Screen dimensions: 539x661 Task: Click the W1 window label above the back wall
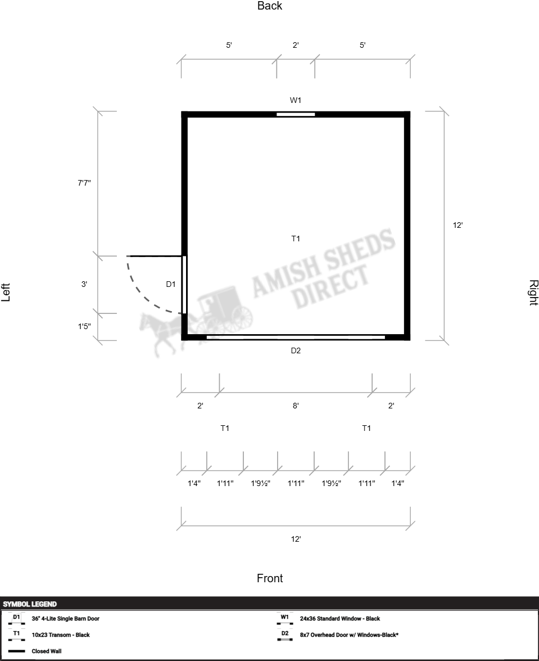click(296, 100)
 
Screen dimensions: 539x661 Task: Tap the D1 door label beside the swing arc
click(170, 285)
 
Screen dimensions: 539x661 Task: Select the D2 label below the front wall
click(296, 350)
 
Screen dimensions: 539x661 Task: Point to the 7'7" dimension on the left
click(84, 183)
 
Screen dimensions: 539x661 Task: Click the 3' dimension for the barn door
click(84, 285)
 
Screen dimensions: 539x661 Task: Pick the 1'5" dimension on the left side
click(84, 326)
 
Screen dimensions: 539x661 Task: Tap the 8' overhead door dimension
click(296, 406)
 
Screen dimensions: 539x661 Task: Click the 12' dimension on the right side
click(458, 226)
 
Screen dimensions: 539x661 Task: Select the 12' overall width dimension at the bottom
click(296, 539)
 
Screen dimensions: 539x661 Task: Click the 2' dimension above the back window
click(296, 45)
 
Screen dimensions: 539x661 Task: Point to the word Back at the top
click(270, 6)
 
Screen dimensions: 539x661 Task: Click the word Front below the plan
click(270, 578)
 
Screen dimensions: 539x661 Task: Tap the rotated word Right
click(533, 293)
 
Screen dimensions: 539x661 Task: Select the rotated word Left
click(6, 293)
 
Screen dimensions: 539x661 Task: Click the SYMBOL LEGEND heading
click(30, 604)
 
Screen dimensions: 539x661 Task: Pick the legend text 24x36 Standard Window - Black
click(340, 619)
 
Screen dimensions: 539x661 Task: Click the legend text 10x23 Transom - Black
click(61, 635)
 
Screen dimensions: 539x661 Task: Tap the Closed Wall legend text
click(46, 651)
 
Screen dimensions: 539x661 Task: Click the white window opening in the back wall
click(296, 115)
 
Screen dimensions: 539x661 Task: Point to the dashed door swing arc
click(144, 296)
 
